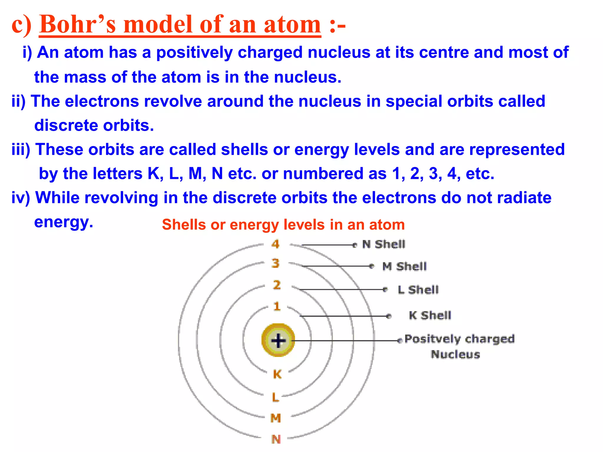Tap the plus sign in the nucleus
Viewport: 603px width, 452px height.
point(278,341)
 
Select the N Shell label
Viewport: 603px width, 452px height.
point(384,244)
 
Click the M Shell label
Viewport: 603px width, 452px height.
point(404,267)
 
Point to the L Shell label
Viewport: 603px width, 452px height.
point(418,290)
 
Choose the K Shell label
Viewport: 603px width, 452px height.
point(430,315)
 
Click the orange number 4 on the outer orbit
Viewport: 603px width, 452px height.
point(275,244)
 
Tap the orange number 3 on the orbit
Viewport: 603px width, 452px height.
point(275,263)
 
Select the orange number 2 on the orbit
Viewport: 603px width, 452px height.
point(277,285)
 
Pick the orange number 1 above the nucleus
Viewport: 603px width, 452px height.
point(277,307)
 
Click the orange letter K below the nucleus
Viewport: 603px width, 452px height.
point(277,374)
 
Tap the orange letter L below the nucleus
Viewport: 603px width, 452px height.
point(275,397)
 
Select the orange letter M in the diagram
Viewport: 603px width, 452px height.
point(276,418)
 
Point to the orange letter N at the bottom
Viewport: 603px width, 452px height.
point(276,439)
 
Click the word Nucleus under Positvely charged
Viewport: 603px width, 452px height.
point(455,354)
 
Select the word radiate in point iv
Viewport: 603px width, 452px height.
point(524,197)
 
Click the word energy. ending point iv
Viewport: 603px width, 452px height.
point(64,222)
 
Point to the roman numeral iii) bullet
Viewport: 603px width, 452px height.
point(21,149)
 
